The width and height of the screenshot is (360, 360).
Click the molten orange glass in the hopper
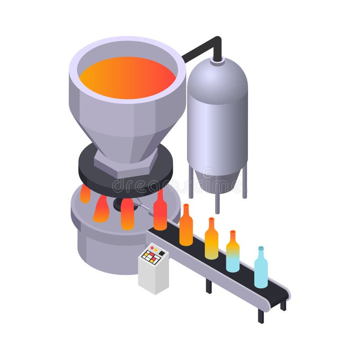[x=127, y=78]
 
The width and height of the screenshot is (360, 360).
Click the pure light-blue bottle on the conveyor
[x=261, y=270]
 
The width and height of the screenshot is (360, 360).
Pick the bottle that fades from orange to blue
[x=233, y=254]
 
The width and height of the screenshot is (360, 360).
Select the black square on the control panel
[x=161, y=253]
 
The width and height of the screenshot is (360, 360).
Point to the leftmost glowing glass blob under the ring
[x=85, y=193]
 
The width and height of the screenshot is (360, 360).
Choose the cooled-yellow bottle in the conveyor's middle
[x=211, y=241]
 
